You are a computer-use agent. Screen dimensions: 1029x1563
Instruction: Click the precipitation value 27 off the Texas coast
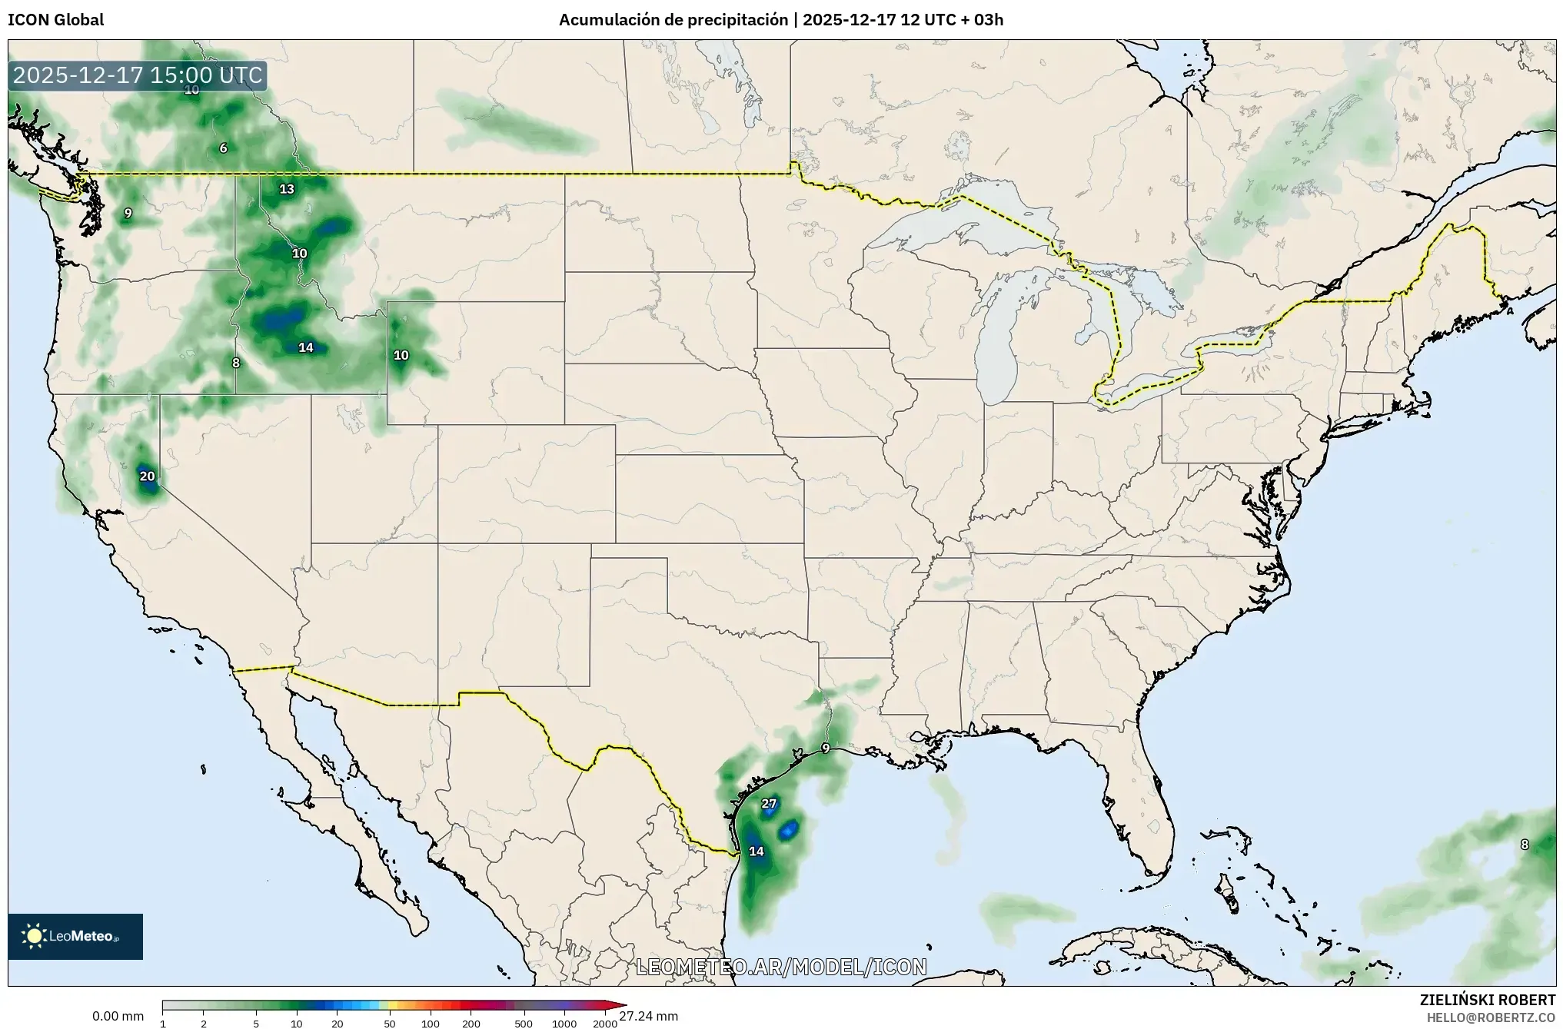click(x=769, y=804)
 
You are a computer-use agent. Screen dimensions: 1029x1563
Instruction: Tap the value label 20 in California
click(x=147, y=476)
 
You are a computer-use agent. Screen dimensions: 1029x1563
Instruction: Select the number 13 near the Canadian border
click(x=286, y=189)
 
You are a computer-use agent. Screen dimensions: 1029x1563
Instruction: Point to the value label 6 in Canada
click(x=223, y=148)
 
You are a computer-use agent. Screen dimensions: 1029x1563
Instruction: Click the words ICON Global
click(x=55, y=20)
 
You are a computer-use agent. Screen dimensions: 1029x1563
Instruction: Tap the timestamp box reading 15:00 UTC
click(x=138, y=75)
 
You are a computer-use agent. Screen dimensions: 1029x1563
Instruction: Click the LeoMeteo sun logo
click(x=35, y=935)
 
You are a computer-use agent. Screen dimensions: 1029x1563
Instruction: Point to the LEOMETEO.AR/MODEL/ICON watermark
click(x=781, y=967)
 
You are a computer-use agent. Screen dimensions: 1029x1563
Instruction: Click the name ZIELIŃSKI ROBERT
click(x=1487, y=1000)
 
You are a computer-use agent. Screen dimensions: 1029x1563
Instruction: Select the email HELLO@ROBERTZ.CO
click(x=1491, y=1017)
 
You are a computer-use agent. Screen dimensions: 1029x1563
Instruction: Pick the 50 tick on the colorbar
click(x=390, y=1024)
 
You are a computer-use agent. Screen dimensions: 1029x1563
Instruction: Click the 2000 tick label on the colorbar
click(x=605, y=1024)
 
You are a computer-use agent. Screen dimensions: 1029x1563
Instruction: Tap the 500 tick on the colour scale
click(x=524, y=1024)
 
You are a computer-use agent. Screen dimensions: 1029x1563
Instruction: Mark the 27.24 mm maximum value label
click(x=648, y=1016)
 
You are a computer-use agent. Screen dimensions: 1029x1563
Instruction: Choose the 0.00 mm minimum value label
click(x=118, y=1016)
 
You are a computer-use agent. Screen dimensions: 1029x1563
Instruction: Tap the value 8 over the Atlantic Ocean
click(x=1525, y=845)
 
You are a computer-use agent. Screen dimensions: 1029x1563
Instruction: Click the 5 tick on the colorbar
click(x=256, y=1024)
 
